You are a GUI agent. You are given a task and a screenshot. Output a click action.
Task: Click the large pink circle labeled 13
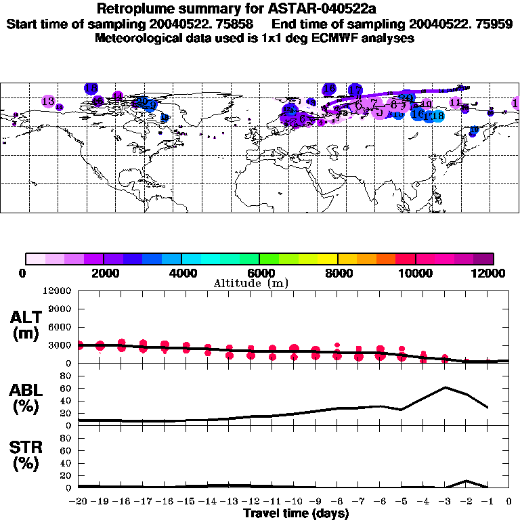pyautogui.click(x=48, y=102)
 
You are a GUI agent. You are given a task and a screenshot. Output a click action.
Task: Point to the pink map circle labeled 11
pyautogui.click(x=456, y=102)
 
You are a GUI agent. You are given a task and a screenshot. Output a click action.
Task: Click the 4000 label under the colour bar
pyautogui.click(x=181, y=273)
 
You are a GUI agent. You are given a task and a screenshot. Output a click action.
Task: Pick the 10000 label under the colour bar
pyautogui.click(x=416, y=273)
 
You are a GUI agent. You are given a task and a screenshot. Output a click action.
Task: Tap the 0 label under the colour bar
pyautogui.click(x=24, y=273)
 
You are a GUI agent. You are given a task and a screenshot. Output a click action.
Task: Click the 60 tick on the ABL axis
pyautogui.click(x=66, y=389)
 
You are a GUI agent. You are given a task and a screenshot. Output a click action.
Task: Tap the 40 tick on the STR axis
pyautogui.click(x=66, y=463)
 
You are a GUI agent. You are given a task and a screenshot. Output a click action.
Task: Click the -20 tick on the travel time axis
pyautogui.click(x=79, y=501)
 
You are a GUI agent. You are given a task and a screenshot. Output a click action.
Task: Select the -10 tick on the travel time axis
pyautogui.click(x=293, y=501)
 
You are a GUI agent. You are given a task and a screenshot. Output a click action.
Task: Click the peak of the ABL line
pyautogui.click(x=445, y=387)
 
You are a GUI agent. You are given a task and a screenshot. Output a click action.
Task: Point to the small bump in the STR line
pyautogui.click(x=467, y=481)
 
